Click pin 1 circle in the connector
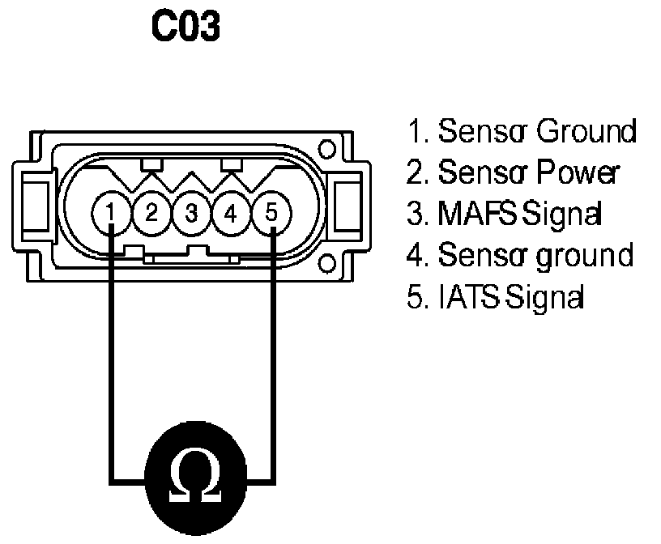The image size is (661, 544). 111,213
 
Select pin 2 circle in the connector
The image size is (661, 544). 151,213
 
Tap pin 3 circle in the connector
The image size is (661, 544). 191,213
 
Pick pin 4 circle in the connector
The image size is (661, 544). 231,213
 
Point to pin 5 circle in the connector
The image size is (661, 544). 271,213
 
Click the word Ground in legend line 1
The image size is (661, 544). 586,130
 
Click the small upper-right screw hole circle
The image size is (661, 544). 326,150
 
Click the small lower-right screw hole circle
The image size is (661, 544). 326,261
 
